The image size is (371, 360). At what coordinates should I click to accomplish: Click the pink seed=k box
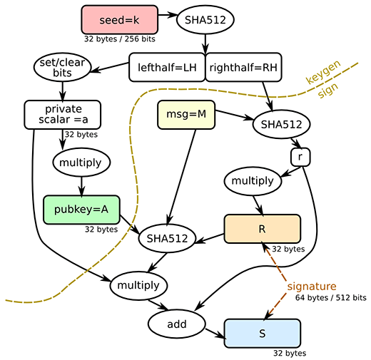(x=120, y=20)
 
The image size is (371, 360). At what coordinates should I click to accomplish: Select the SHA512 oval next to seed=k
(x=205, y=20)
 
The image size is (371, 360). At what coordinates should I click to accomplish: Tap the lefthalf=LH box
(x=167, y=67)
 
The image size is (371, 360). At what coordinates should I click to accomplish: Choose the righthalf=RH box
(x=243, y=67)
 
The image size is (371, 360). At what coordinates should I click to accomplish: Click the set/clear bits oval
(x=62, y=67)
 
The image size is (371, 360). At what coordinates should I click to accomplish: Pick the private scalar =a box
(x=63, y=115)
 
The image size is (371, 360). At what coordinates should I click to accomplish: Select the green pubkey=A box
(x=81, y=210)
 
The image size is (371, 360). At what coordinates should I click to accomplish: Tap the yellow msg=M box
(x=186, y=115)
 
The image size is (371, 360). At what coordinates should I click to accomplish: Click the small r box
(x=300, y=157)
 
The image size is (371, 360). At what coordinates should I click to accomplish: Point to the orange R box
(x=263, y=229)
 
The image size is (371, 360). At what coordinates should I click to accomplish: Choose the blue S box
(x=263, y=334)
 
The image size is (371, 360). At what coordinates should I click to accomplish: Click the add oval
(x=177, y=324)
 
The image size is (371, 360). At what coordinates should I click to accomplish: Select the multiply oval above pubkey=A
(x=81, y=163)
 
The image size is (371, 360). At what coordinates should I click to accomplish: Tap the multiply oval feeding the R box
(x=253, y=181)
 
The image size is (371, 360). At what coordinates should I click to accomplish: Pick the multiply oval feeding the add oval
(x=138, y=285)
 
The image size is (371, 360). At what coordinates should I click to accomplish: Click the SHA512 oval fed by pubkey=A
(x=167, y=238)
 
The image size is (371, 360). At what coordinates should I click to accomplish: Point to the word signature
(x=312, y=287)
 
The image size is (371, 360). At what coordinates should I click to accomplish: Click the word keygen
(x=323, y=72)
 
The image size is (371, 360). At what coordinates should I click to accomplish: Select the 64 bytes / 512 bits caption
(x=331, y=298)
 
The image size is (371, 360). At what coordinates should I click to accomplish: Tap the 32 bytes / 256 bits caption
(x=120, y=38)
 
